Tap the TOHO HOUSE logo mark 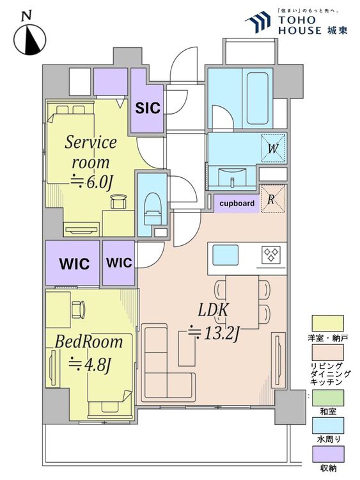tap(258, 21)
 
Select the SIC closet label tap(148, 108)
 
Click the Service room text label tap(91, 152)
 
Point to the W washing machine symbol tap(273, 148)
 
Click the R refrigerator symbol tap(272, 199)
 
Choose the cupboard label tap(237, 204)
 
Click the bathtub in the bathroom tap(257, 99)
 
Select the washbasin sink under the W tap(232, 177)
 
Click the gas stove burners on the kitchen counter tap(271, 255)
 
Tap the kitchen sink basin tap(226, 255)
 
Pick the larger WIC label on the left tap(74, 264)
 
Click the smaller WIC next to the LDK tap(119, 262)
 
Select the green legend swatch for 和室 tap(327, 397)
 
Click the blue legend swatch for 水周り tap(327, 426)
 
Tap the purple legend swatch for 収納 tap(327, 454)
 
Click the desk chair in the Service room tap(118, 202)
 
